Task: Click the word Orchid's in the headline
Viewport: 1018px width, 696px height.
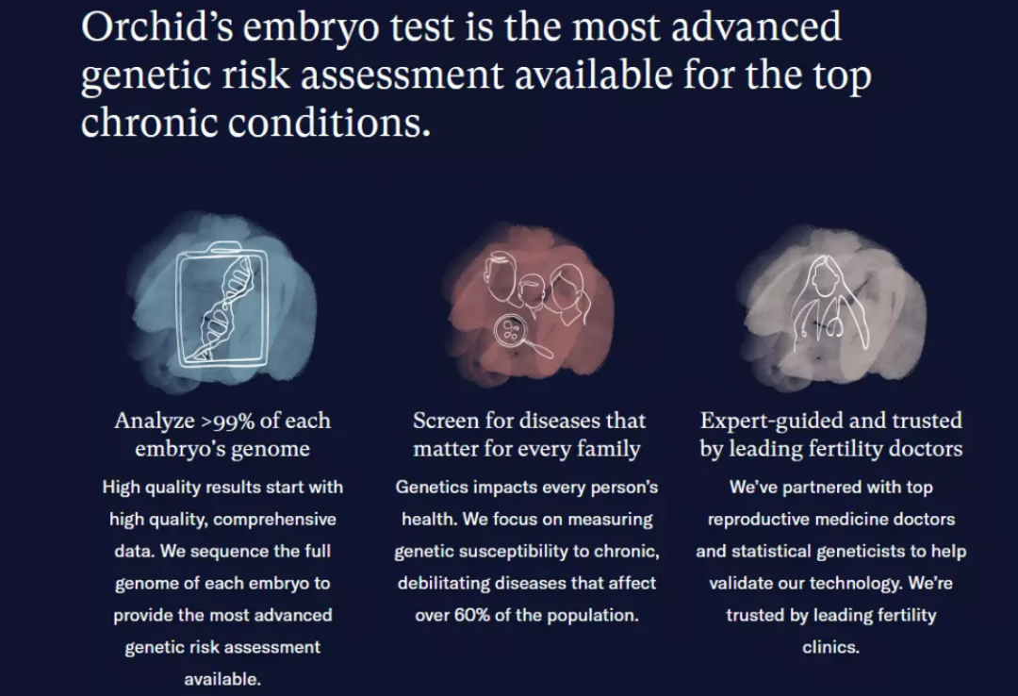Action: (156, 27)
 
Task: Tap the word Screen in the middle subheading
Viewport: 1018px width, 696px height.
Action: (447, 421)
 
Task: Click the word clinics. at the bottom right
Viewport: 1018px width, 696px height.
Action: (830, 647)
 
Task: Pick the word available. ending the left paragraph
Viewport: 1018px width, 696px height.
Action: (222, 679)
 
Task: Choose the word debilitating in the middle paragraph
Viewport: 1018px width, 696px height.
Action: (448, 583)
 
